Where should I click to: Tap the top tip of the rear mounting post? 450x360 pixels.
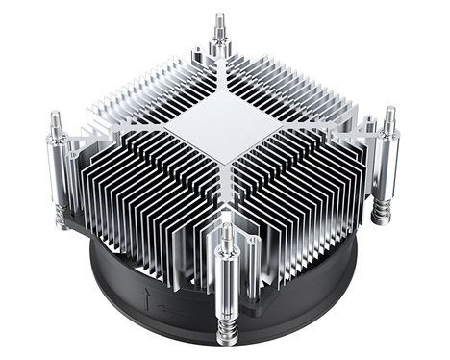(219, 18)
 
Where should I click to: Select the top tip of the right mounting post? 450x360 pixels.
(389, 113)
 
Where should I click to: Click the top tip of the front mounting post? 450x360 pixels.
(226, 230)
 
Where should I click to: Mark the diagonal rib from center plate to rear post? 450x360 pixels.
(220, 72)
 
